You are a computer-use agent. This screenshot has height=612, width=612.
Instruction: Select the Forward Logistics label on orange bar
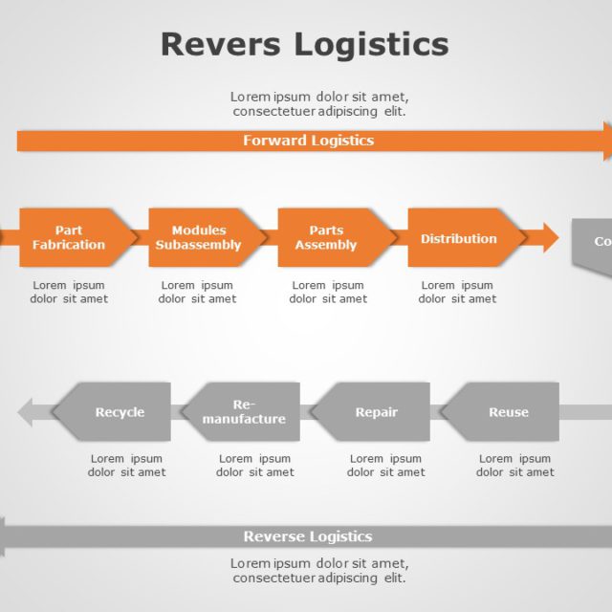308,141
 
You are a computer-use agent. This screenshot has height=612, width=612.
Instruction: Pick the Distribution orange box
460,238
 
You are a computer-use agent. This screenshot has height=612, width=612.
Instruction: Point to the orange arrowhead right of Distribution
549,238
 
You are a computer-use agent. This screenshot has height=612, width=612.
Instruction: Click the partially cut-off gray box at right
594,242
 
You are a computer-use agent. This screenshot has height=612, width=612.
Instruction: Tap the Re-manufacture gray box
244,412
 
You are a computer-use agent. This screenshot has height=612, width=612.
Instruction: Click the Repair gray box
374,412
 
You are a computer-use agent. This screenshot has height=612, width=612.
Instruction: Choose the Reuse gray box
504,412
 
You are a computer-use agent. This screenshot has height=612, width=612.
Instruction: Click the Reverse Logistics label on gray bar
308,536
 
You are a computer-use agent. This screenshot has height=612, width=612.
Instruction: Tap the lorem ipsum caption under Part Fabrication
69,292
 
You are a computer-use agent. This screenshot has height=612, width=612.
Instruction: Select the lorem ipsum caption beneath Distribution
457,292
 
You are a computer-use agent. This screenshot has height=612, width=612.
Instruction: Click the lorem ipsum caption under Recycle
127,465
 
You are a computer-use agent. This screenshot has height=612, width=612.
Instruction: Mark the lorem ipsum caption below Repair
386,465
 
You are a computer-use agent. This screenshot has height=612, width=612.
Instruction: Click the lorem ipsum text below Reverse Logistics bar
319,570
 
